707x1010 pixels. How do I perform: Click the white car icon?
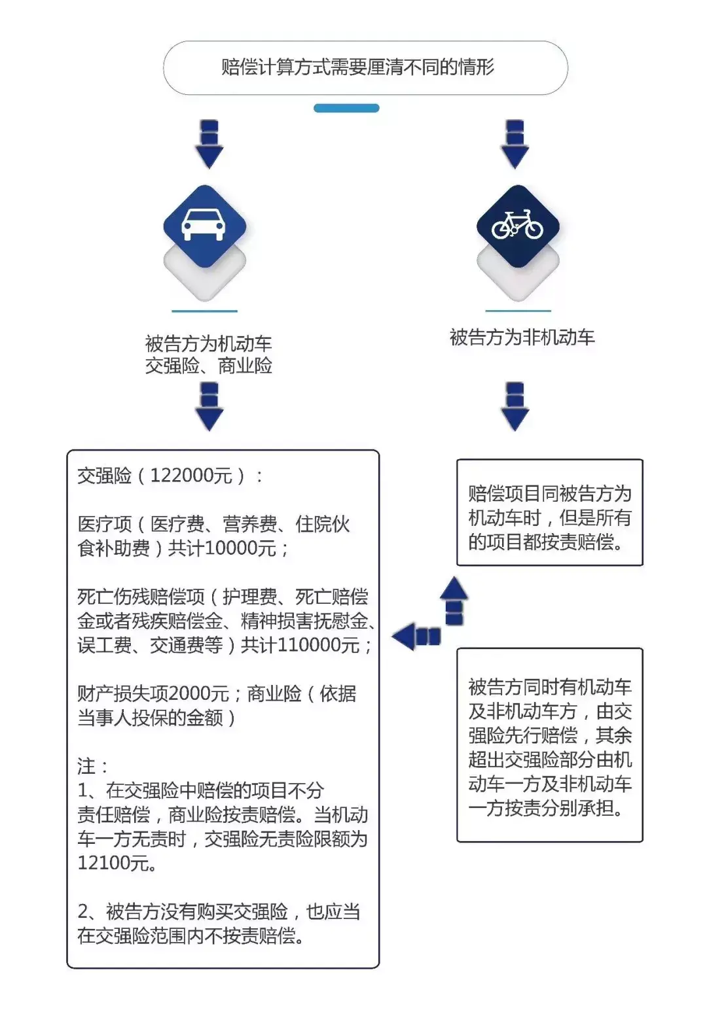[204, 224]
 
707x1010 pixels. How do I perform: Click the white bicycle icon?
[517, 225]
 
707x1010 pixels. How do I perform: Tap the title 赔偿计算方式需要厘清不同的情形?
[358, 67]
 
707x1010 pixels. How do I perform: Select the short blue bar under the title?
[346, 109]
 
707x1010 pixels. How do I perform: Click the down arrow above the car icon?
[209, 145]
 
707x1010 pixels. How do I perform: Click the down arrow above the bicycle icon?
[515, 145]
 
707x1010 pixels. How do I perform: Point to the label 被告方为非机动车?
[522, 338]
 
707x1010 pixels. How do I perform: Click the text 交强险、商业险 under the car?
[209, 366]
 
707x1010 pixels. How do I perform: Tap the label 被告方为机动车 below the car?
[209, 343]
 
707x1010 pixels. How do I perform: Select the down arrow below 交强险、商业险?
[209, 407]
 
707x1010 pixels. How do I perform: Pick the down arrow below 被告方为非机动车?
[515, 407]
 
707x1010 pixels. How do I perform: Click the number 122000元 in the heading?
[190, 476]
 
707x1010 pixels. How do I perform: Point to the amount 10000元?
[240, 548]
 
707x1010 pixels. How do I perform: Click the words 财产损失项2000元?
[153, 693]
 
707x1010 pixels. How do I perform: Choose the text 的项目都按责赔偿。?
[546, 542]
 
